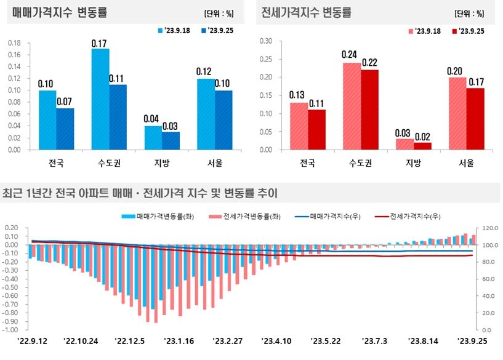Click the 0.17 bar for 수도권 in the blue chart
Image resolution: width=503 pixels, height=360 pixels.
point(100,98)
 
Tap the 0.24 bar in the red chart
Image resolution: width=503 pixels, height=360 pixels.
point(352,106)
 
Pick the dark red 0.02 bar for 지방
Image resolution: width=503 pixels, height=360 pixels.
point(423,146)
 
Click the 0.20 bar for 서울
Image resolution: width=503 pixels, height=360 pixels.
point(457,113)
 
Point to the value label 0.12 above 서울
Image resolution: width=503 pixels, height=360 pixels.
point(204,72)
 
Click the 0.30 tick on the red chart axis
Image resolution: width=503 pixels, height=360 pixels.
point(265,41)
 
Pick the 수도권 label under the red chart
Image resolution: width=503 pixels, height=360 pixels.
point(361,163)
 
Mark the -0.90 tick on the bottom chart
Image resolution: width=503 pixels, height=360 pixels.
point(12,321)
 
